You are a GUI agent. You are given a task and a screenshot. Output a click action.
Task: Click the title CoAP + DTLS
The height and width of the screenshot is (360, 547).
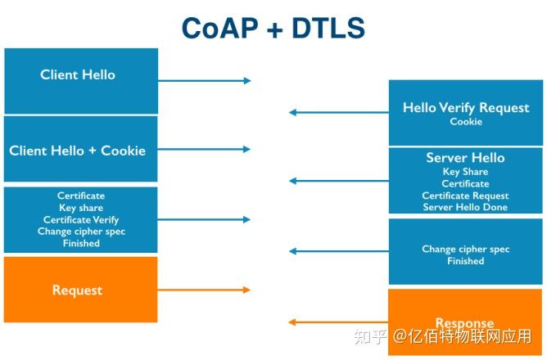pos(273,27)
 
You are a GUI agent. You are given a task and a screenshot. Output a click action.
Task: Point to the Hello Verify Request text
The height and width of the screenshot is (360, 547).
pos(466,108)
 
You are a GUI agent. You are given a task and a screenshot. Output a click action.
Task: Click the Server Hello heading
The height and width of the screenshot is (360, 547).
pos(465,158)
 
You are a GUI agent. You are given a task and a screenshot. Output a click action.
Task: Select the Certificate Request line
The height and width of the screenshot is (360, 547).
pos(465,196)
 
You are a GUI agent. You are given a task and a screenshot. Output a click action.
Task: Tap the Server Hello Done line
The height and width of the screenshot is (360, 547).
pos(465,208)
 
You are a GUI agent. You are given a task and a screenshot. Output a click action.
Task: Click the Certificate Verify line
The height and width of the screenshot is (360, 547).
pos(81,220)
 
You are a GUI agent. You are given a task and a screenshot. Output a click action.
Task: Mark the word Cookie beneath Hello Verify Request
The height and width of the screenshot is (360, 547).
pos(466,122)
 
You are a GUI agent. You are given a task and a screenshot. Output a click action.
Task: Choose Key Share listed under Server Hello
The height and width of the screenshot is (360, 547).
pos(465,172)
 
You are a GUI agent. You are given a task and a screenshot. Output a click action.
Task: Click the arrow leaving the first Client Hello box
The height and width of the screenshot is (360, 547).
pos(204,80)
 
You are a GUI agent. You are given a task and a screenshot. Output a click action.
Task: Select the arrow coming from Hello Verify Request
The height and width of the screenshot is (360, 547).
pos(337,112)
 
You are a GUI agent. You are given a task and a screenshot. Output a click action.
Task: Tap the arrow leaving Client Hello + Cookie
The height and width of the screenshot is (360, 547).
pos(204,150)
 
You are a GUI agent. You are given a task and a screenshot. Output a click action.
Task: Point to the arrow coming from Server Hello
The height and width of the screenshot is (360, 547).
pos(337,181)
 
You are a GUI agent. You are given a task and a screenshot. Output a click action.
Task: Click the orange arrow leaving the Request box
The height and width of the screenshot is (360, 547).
pos(204,290)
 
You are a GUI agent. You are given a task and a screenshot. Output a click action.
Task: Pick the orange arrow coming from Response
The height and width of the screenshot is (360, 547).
pos(337,322)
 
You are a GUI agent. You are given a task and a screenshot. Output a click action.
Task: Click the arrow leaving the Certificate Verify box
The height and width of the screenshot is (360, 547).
pos(204,219)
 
